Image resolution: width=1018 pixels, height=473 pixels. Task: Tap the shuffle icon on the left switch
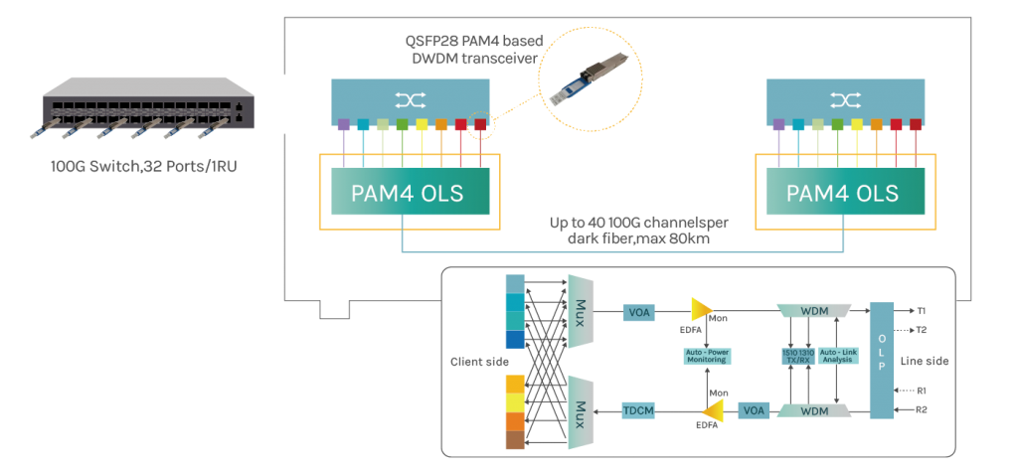410,100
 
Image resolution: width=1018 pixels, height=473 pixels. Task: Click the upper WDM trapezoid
813,311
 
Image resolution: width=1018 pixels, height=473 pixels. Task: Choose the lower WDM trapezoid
813,409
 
